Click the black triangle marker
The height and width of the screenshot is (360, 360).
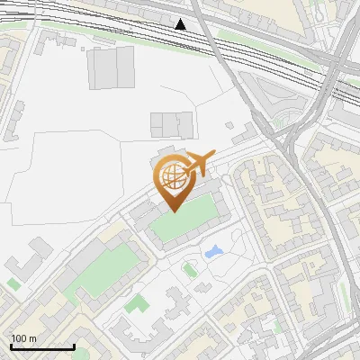tap(182, 24)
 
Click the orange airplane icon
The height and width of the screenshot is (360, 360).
tap(199, 165)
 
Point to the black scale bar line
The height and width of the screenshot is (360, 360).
tap(41, 347)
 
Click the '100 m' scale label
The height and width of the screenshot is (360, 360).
tap(23, 338)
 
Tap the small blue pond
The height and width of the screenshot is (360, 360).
tap(214, 252)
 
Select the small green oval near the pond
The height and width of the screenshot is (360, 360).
tap(189, 268)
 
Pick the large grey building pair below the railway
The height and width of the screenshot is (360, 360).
tap(112, 67)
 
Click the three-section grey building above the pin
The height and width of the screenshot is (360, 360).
tap(172, 125)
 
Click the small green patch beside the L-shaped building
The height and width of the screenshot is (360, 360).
tap(13, 284)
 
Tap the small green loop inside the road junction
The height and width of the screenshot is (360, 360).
tap(285, 121)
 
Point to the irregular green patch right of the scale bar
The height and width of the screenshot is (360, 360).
tap(136, 304)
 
